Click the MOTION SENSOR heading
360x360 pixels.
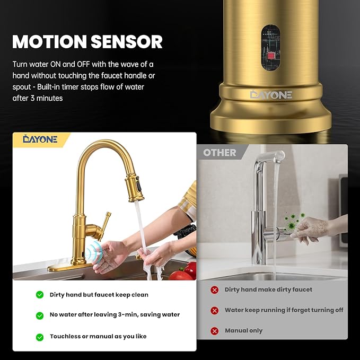coord(87,41)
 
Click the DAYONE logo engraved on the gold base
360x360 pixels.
coord(271,94)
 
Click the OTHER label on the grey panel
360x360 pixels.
coord(219,153)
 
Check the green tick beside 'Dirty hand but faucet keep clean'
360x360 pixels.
coord(40,295)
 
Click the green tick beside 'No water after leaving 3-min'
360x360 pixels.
coord(40,315)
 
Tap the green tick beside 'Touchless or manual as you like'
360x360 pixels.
coord(40,337)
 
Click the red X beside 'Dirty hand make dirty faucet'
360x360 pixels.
coord(214,290)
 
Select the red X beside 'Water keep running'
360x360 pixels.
coord(214,311)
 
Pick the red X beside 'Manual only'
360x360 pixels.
coord(214,331)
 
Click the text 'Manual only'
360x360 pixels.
coord(243,331)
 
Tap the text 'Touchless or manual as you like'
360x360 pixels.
coord(98,337)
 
